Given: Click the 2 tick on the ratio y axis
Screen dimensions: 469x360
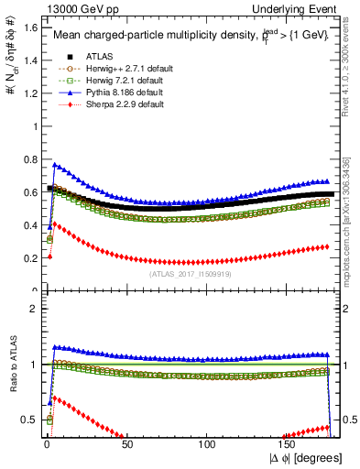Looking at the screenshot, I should point(34,309).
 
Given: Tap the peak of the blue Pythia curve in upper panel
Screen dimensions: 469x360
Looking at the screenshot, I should point(55,165).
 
